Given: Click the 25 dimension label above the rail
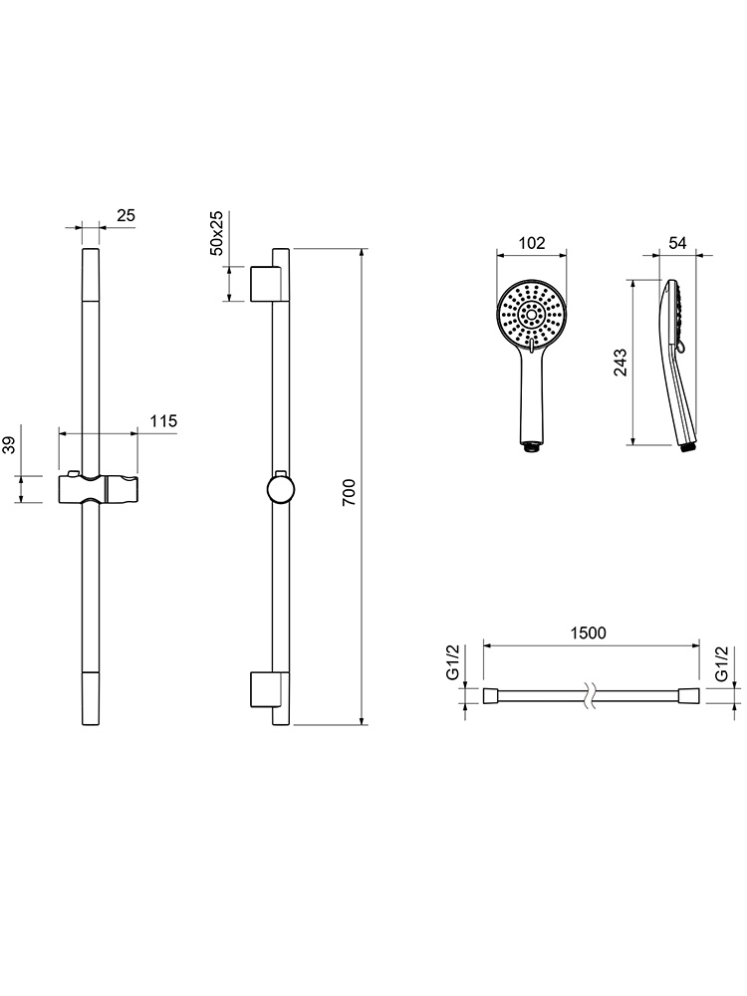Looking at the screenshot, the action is (126, 215).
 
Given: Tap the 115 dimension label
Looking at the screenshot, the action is (163, 421).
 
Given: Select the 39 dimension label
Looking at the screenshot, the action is (9, 445).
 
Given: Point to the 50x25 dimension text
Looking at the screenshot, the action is (216, 233).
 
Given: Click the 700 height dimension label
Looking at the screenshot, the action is (350, 492).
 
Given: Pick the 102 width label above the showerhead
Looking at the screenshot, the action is (532, 243).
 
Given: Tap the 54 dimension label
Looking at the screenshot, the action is (677, 243).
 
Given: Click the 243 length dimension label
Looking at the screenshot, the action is (621, 363).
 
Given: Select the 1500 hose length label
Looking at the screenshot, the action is (589, 632).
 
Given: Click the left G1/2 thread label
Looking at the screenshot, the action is (453, 662).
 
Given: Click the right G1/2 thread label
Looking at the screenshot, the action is (721, 663).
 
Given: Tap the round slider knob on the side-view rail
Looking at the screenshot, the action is (281, 489).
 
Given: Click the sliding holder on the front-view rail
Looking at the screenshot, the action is (99, 488).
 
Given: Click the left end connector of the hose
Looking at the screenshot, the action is (492, 695).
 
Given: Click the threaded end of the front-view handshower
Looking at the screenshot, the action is (531, 448).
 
